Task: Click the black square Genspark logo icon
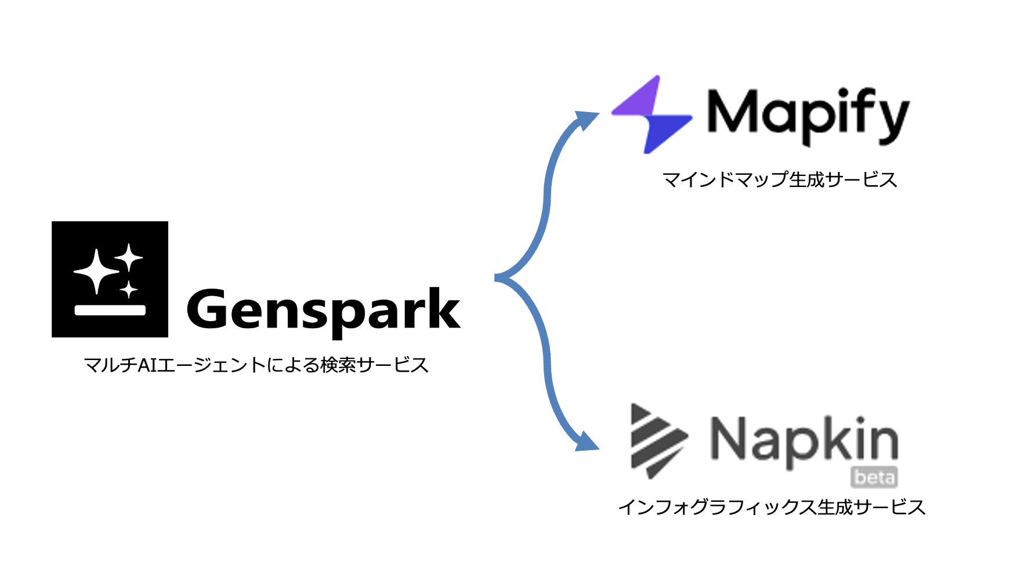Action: [x=110, y=279]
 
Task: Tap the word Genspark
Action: [x=323, y=311]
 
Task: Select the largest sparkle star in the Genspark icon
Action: [x=96, y=271]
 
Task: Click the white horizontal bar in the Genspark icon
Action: [x=110, y=310]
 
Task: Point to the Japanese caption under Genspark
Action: [x=256, y=365]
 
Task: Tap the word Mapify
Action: [x=808, y=114]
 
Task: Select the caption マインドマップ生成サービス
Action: [x=779, y=179]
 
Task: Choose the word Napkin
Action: [x=804, y=441]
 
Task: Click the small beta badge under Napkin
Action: [x=874, y=477]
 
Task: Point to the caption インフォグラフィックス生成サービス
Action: [x=771, y=507]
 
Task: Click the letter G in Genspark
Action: [x=209, y=309]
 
